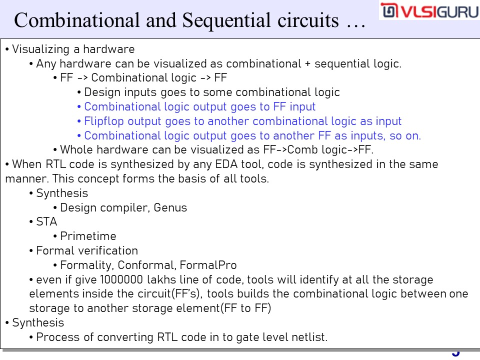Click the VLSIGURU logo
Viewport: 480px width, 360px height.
pyautogui.click(x=429, y=10)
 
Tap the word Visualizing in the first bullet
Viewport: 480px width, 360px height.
pyautogui.click(x=40, y=49)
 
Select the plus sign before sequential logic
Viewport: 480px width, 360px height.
pyautogui.click(x=307, y=64)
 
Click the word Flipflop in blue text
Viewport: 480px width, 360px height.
pyautogui.click(x=104, y=121)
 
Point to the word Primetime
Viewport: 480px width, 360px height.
pyautogui.click(x=88, y=236)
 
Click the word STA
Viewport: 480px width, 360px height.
pyautogui.click(x=46, y=221)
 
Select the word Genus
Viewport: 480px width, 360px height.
pyautogui.click(x=170, y=207)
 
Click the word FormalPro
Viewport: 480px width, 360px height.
pyautogui.click(x=208, y=265)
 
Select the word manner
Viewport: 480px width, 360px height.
pyautogui.click(x=26, y=179)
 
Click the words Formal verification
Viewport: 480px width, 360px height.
pyautogui.click(x=87, y=250)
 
